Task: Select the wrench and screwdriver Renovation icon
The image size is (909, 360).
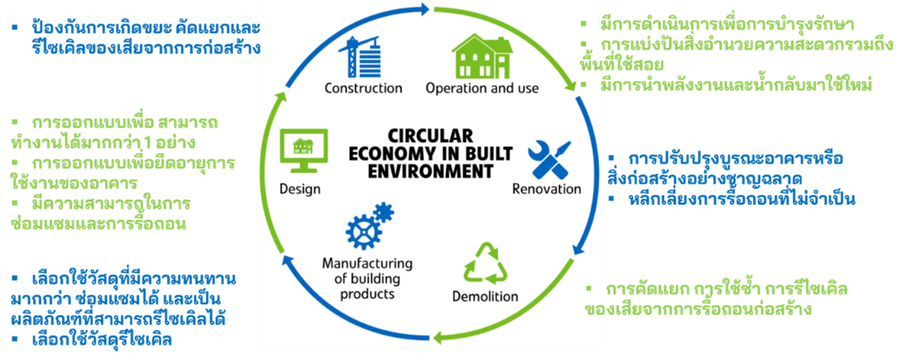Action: (549, 159)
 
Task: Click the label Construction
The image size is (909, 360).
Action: (363, 88)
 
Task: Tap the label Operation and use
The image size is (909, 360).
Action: (482, 89)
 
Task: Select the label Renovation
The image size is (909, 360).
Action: (547, 189)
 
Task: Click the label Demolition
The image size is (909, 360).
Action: (485, 297)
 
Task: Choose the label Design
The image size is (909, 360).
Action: (299, 189)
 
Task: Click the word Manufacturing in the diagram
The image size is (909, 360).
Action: (367, 264)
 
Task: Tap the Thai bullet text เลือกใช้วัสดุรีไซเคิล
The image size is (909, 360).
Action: (95, 340)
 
